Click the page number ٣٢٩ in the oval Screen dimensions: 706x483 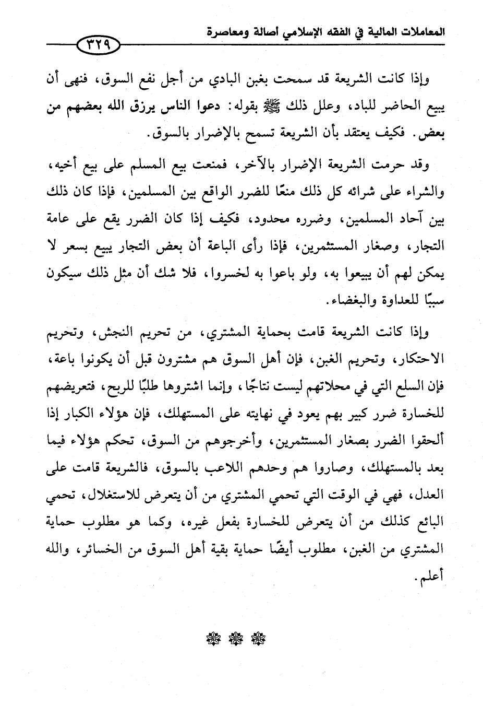(x=98, y=45)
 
